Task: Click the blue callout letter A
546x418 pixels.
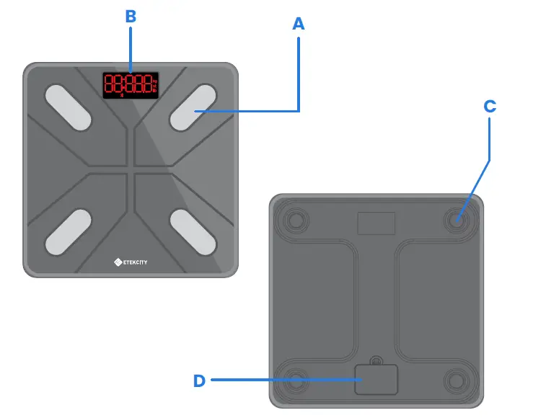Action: [298, 24]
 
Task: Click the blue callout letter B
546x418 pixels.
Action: [131, 17]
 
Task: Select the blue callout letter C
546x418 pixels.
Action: [490, 107]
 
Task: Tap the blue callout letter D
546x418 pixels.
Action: [200, 381]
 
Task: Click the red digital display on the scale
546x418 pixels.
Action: [130, 84]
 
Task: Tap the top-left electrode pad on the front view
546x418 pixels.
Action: [69, 107]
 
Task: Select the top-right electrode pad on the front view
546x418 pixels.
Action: [193, 107]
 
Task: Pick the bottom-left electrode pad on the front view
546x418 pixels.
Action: [69, 231]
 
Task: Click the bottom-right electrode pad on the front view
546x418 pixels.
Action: [193, 231]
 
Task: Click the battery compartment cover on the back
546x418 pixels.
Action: [376, 379]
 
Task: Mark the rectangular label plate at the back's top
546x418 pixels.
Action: [376, 223]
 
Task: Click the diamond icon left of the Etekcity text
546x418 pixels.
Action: [118, 262]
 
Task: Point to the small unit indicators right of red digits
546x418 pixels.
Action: [155, 85]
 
